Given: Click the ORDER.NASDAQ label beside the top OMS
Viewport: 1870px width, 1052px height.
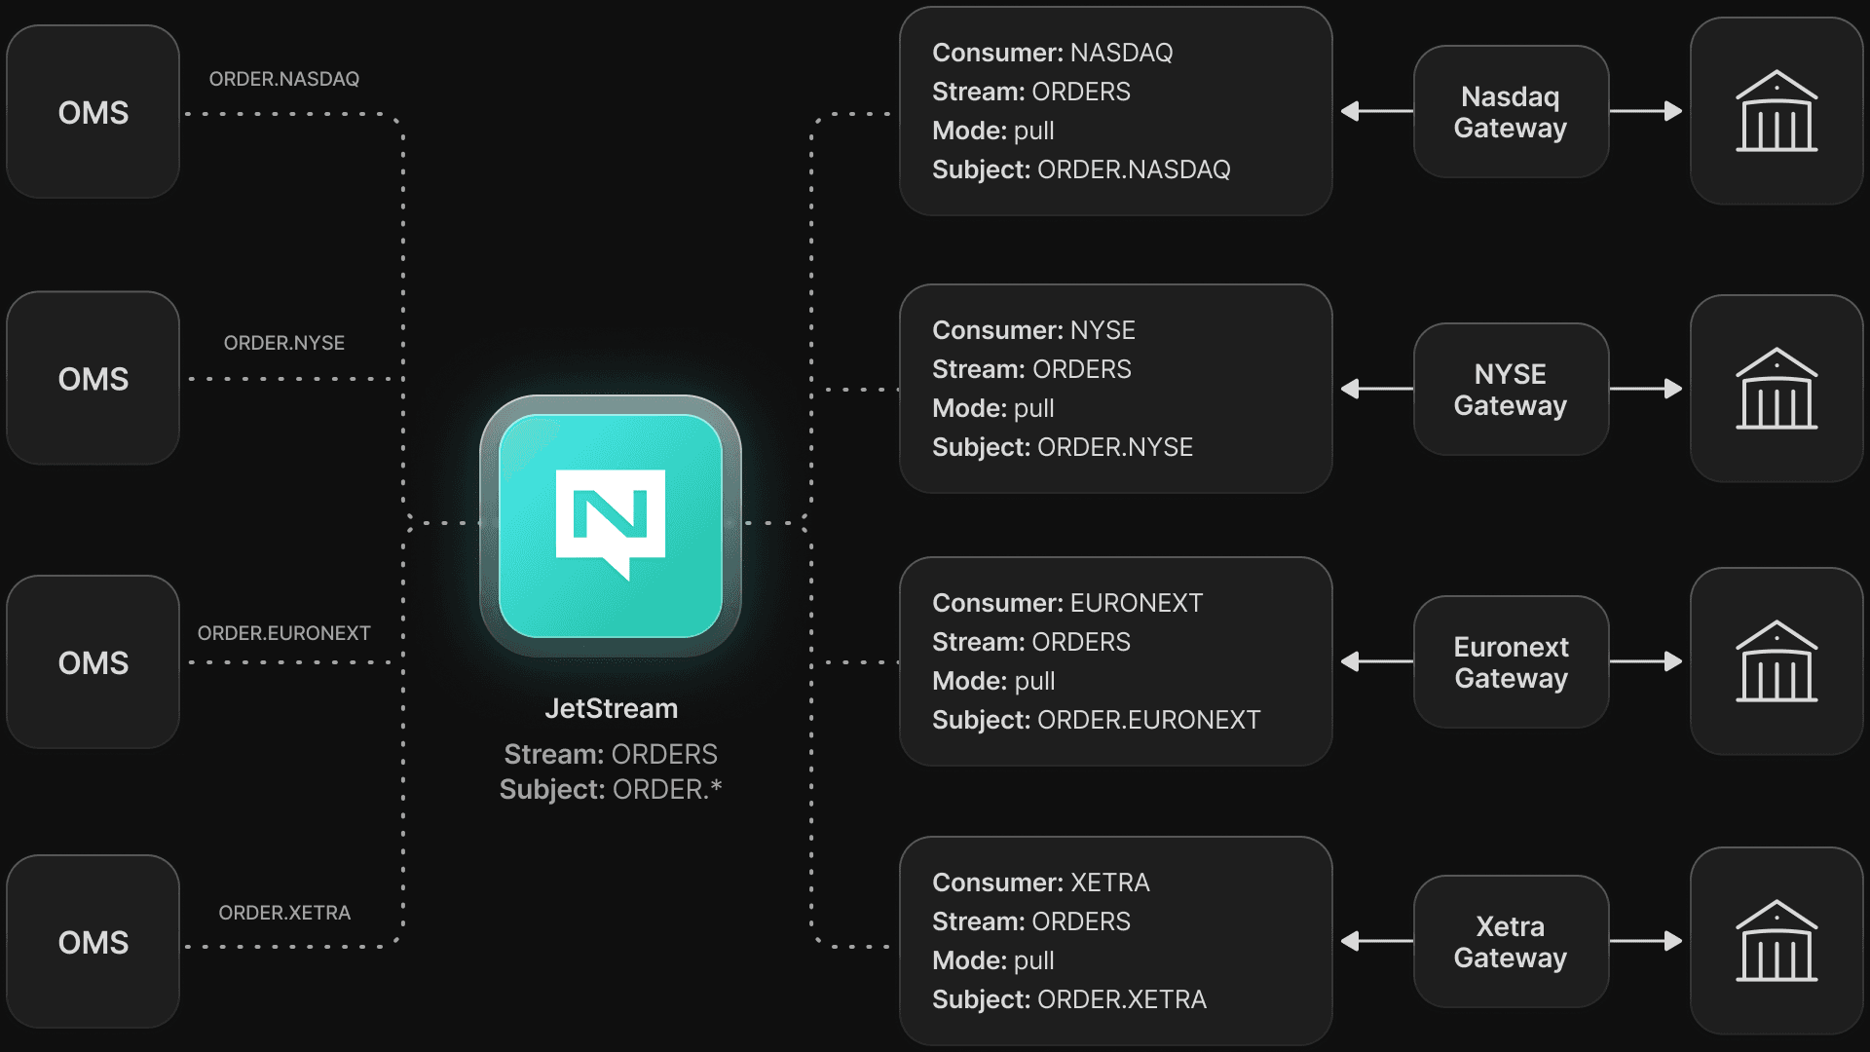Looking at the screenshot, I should (283, 79).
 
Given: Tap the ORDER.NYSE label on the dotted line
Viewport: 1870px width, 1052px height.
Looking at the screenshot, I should (283, 343).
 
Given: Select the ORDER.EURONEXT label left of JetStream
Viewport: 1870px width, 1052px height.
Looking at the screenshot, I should (283, 633).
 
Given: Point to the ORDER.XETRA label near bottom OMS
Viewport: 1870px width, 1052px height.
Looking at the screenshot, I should (283, 913).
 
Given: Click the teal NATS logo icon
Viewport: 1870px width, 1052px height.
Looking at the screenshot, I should (611, 525).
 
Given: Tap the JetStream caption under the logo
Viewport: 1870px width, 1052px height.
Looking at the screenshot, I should (611, 708).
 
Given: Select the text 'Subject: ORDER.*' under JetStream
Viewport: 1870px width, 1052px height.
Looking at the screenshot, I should (611, 789).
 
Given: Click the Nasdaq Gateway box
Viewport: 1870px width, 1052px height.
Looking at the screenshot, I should (1510, 112).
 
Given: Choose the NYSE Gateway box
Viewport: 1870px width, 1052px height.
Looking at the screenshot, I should (1510, 390).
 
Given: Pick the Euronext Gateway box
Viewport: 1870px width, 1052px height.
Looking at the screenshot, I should (1511, 662).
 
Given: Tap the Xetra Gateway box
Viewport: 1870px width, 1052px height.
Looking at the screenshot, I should (1510, 942).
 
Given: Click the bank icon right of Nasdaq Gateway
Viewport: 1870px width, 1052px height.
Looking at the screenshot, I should (1776, 111).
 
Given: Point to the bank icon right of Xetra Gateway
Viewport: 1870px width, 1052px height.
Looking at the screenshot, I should (1776, 941).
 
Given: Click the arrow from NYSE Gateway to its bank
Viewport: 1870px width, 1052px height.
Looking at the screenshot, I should (1646, 389).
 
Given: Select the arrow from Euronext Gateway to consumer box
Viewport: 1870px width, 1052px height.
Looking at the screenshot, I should (1375, 661).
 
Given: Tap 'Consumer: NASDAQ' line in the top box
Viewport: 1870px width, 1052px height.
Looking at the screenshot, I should (1052, 53).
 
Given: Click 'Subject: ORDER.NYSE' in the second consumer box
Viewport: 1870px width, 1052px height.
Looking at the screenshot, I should (1062, 447).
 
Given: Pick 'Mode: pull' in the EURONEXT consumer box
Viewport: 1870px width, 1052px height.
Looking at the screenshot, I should (992, 681).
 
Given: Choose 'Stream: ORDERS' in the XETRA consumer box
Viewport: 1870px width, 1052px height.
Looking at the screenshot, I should (1030, 921).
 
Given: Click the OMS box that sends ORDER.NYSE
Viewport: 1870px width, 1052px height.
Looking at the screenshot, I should (93, 378).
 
